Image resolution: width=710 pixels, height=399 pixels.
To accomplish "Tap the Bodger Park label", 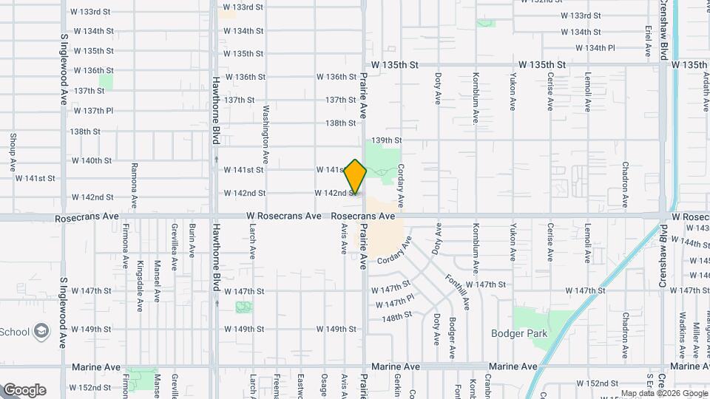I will [x=519, y=333].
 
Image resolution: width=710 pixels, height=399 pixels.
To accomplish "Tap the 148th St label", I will [x=397, y=316].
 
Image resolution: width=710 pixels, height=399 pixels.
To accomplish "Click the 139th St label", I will [x=386, y=140].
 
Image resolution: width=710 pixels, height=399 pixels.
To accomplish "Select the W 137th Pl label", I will [x=93, y=111].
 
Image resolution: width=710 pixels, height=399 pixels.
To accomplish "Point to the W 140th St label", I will [x=92, y=160].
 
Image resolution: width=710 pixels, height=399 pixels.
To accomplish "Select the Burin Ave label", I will [x=192, y=238].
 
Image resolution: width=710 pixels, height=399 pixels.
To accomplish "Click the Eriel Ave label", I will [x=647, y=41].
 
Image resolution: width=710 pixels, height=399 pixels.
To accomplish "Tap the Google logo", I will [x=24, y=390].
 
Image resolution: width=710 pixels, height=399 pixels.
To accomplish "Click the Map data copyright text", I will [x=663, y=393].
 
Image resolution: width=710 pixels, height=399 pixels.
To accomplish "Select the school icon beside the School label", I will [x=37, y=332].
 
